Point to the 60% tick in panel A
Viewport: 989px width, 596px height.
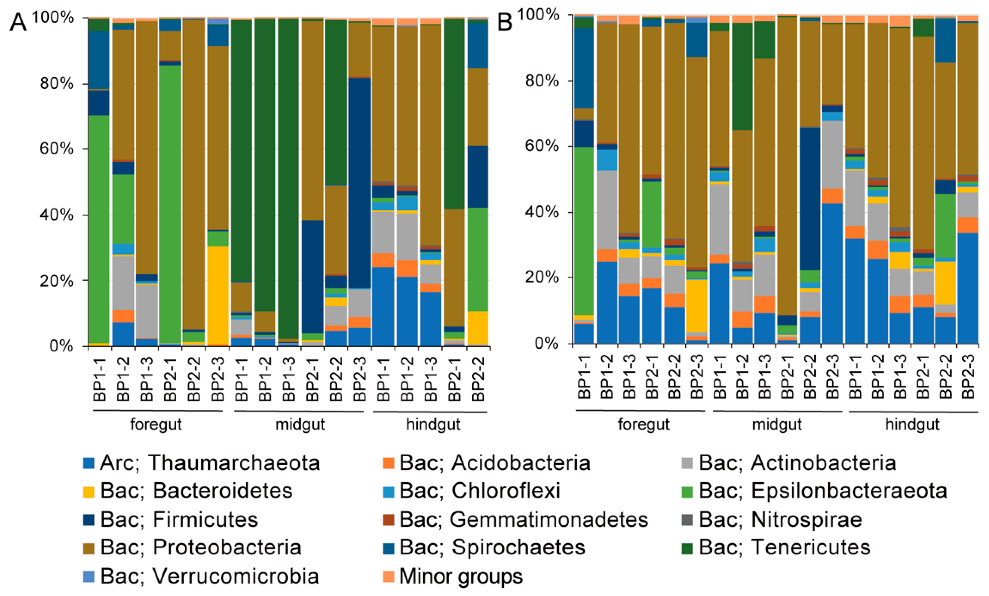pyautogui.click(x=56, y=149)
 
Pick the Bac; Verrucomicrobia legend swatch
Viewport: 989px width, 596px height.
pyautogui.click(x=88, y=576)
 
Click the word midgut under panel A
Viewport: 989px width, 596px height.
pyautogui.click(x=300, y=424)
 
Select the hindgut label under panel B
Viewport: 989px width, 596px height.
pyautogui.click(x=912, y=424)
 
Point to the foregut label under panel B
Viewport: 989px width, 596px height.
pyautogui.click(x=643, y=424)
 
